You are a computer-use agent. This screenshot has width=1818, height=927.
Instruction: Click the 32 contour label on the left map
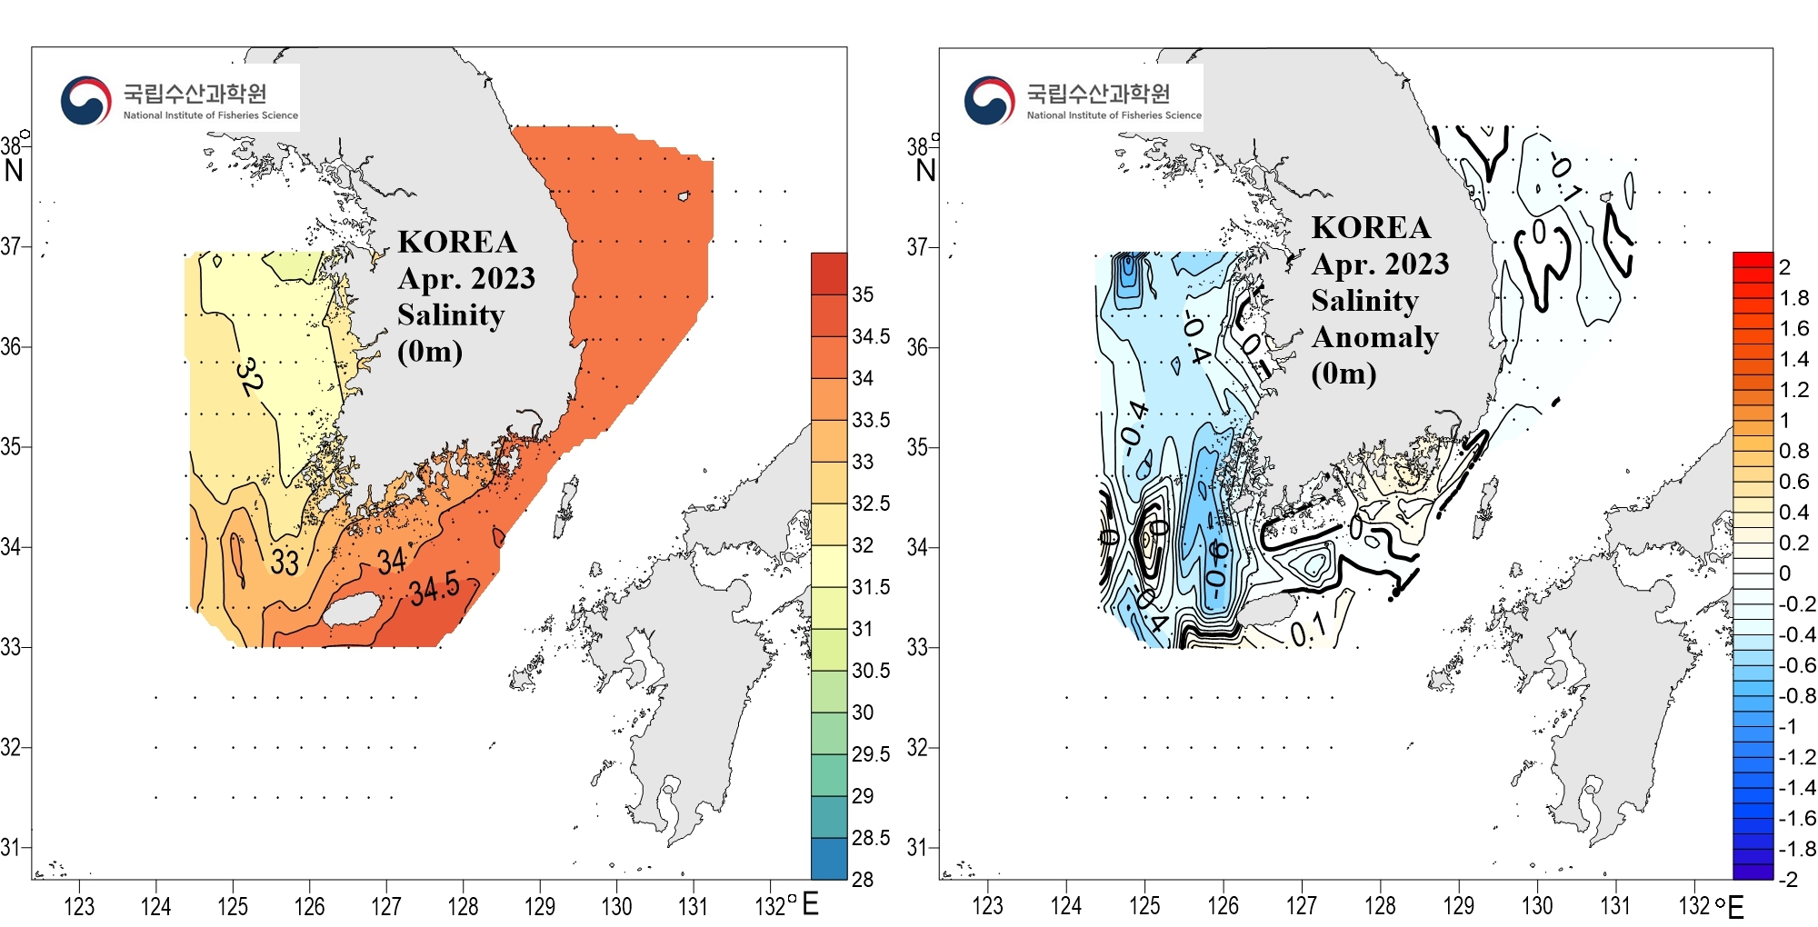point(248,376)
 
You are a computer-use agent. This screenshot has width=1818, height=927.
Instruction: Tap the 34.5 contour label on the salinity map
point(434,590)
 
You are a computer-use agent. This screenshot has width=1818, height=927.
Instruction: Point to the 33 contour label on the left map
point(285,563)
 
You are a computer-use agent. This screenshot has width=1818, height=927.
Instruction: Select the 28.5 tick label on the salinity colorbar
point(870,838)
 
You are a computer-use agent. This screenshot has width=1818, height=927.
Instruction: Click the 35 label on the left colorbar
point(863,294)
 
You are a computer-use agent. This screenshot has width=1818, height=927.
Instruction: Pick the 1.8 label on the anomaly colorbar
point(1793,298)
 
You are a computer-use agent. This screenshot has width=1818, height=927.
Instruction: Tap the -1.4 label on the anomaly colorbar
point(1796,788)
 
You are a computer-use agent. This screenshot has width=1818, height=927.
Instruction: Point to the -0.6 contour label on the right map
point(1216,563)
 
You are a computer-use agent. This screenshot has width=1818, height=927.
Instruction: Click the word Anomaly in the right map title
point(1374,337)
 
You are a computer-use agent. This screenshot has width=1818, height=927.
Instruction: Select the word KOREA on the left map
point(457,242)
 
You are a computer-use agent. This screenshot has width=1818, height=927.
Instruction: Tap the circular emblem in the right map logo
point(989,101)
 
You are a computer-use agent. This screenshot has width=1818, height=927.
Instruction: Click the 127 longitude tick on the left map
point(386,906)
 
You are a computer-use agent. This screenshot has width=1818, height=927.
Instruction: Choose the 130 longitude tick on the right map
point(1537,906)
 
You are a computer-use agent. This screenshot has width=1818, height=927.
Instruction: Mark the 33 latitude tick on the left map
point(11,647)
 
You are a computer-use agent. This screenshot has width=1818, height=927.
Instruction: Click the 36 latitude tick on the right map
point(917,347)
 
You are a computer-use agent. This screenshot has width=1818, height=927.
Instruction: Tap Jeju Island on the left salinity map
point(355,608)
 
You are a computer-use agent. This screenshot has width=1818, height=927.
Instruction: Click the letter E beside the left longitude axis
point(810,904)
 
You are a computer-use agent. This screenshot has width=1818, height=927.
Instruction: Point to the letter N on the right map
point(925,170)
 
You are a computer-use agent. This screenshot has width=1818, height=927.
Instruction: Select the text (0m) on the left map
point(430,352)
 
